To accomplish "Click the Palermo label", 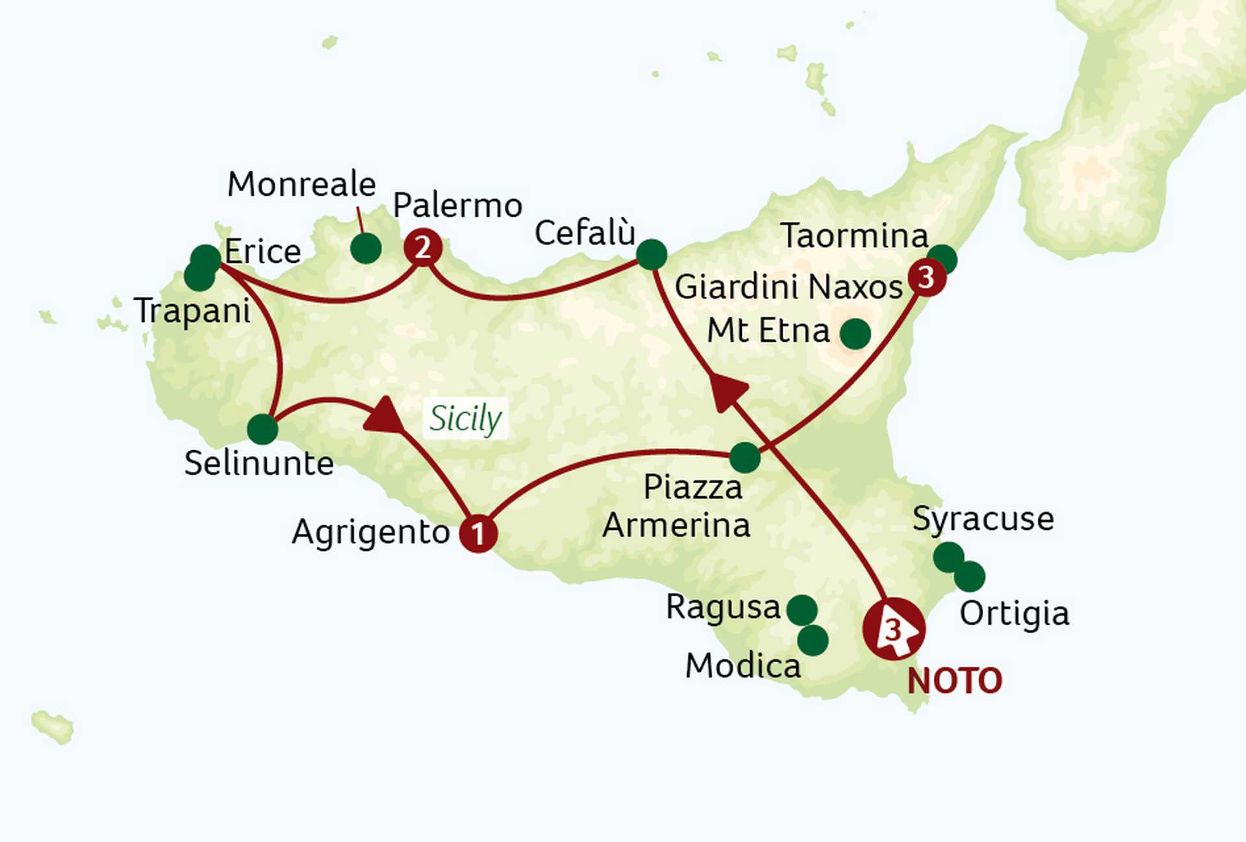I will click(458, 206).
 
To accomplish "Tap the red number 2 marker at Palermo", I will click(423, 247).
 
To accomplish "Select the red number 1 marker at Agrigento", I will click(478, 534).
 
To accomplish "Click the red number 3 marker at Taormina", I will click(927, 278).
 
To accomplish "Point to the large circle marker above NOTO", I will click(894, 629).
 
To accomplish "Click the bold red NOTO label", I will click(955, 681).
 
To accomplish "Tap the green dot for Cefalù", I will click(652, 254).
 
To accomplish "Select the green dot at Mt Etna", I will click(855, 333).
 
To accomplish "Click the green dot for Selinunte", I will click(263, 429).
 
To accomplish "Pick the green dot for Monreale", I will click(365, 248).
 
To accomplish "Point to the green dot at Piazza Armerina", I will click(745, 457).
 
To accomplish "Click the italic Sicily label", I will click(465, 418).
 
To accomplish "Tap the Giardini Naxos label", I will click(788, 287).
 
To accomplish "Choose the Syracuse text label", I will click(983, 519).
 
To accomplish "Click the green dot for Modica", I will click(812, 640).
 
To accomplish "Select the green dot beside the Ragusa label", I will click(802, 610).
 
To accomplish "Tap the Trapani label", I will click(192, 311).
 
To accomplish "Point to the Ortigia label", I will click(1014, 614).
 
